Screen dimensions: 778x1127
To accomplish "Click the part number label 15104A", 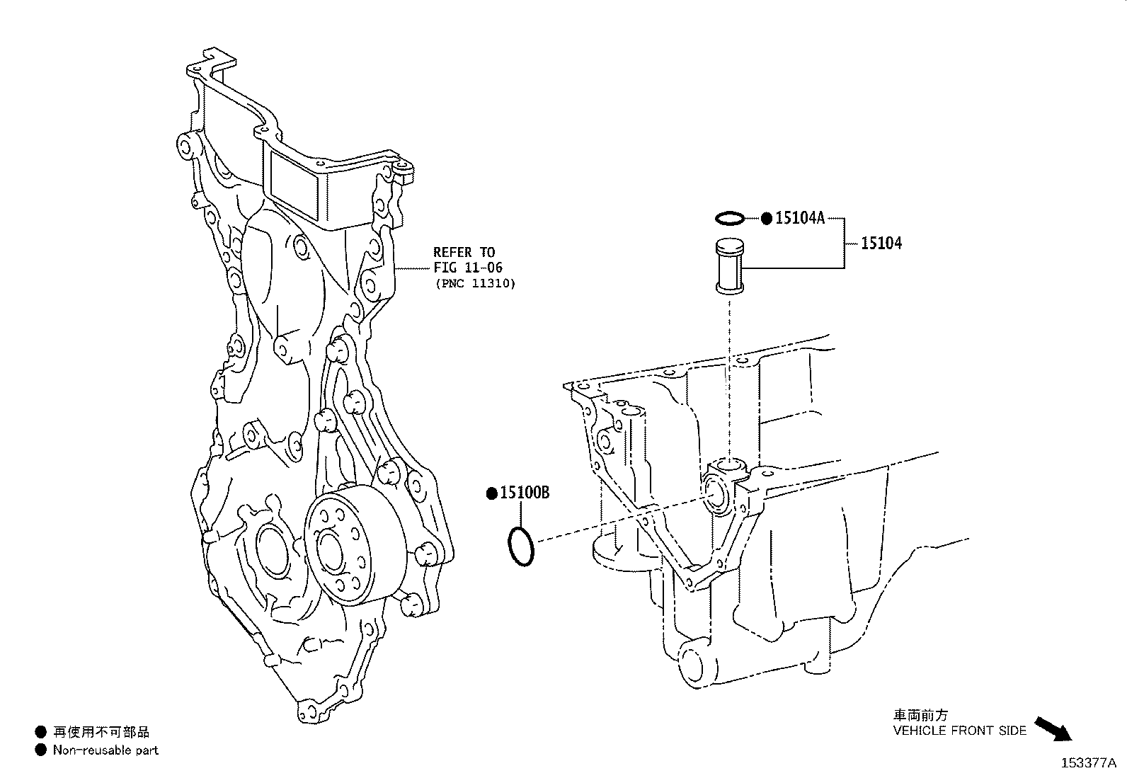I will (x=800, y=218).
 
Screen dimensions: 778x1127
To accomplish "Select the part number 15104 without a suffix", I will (x=881, y=244).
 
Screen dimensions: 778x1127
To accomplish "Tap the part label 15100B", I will (x=525, y=493).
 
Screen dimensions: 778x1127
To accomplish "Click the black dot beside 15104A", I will (x=766, y=218).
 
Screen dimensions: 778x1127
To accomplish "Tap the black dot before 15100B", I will (x=491, y=494).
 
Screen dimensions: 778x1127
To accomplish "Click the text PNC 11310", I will (x=474, y=283).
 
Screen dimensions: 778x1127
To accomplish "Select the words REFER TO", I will (x=464, y=252).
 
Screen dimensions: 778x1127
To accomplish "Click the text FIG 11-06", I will (x=468, y=268).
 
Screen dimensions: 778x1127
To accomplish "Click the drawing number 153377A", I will (x=1088, y=763).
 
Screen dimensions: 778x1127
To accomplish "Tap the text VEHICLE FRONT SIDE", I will (x=959, y=731).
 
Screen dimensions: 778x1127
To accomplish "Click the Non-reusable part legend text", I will (x=105, y=750).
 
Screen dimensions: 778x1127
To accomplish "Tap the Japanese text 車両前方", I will (x=920, y=716).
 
